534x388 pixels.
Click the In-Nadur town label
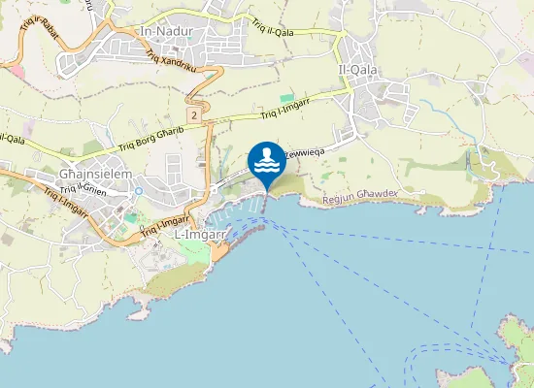tap(168, 31)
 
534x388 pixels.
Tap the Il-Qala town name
tap(356, 69)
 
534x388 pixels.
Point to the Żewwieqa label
tap(305, 152)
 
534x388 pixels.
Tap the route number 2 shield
tap(195, 115)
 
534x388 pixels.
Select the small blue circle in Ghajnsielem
tap(138, 191)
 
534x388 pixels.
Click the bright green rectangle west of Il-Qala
tap(286, 98)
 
